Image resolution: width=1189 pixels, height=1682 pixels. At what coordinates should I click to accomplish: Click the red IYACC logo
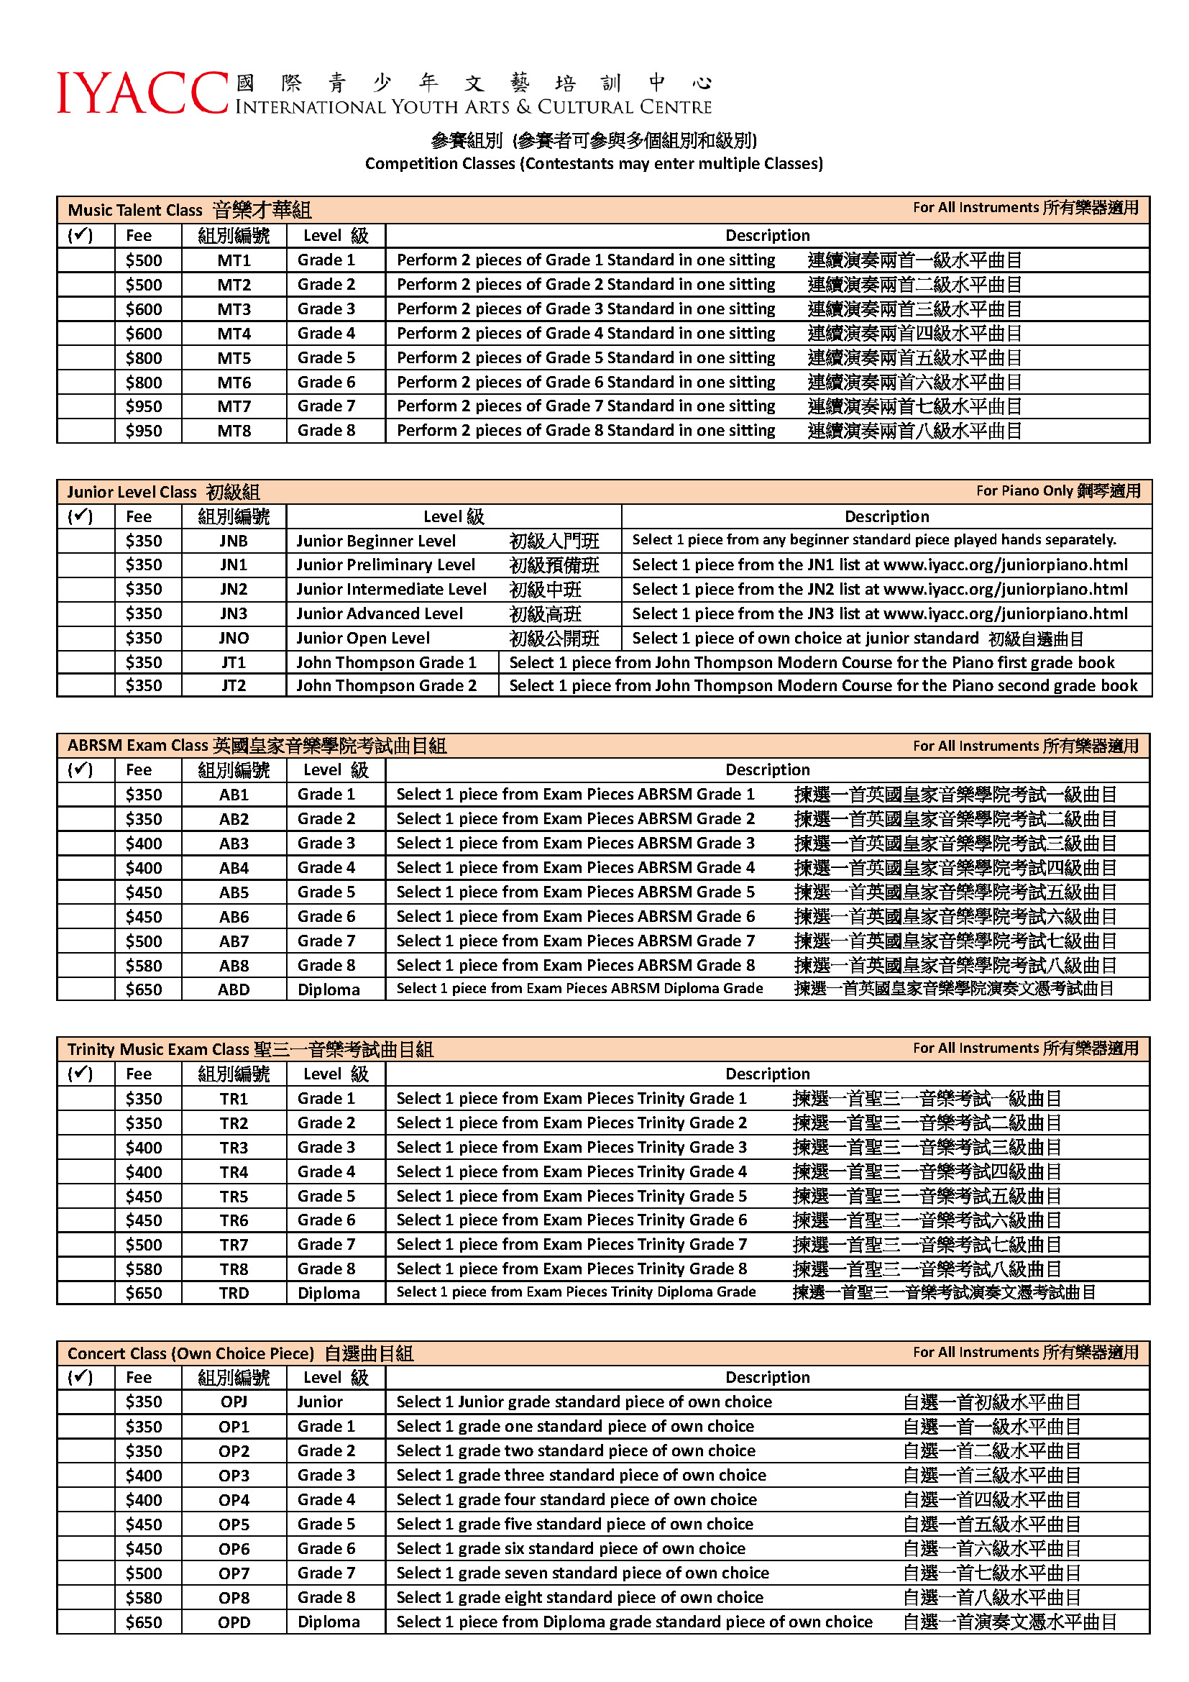143,93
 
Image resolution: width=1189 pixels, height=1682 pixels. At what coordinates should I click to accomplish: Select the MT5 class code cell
234,358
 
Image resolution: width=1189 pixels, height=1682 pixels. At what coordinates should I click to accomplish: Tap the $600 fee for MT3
144,309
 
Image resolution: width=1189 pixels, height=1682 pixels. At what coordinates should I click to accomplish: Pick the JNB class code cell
234,541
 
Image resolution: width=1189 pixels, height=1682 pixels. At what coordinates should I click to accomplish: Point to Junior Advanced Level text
380,614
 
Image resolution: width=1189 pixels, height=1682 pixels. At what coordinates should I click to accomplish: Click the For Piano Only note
1057,491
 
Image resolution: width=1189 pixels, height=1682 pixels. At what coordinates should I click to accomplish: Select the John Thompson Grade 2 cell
386,686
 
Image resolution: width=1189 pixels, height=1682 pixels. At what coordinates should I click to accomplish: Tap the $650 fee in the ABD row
144,989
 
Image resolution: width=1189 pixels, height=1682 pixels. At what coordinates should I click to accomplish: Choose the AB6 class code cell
234,916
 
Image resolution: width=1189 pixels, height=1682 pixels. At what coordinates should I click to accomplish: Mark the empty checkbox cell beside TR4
86,1172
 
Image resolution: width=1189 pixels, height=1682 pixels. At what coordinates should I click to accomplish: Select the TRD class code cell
234,1293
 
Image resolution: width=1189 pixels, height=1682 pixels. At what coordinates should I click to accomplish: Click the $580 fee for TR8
144,1269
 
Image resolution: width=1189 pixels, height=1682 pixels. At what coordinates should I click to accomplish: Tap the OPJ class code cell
234,1402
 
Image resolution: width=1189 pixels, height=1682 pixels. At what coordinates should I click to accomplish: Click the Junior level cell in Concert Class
320,1402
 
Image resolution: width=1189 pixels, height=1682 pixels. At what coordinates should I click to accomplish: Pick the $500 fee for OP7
144,1573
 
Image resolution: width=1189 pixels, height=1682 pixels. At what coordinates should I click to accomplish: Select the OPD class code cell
234,1622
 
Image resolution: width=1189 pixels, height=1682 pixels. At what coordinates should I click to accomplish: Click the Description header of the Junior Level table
886,516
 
